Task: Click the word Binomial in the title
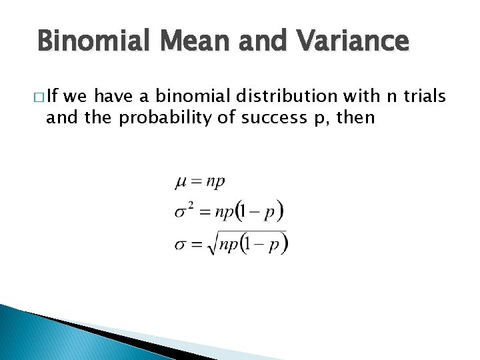[87, 41]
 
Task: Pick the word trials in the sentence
[423, 97]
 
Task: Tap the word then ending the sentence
[357, 119]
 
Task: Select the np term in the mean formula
[215, 181]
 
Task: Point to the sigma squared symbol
[183, 211]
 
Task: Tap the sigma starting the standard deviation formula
[181, 245]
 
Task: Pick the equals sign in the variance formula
[203, 213]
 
